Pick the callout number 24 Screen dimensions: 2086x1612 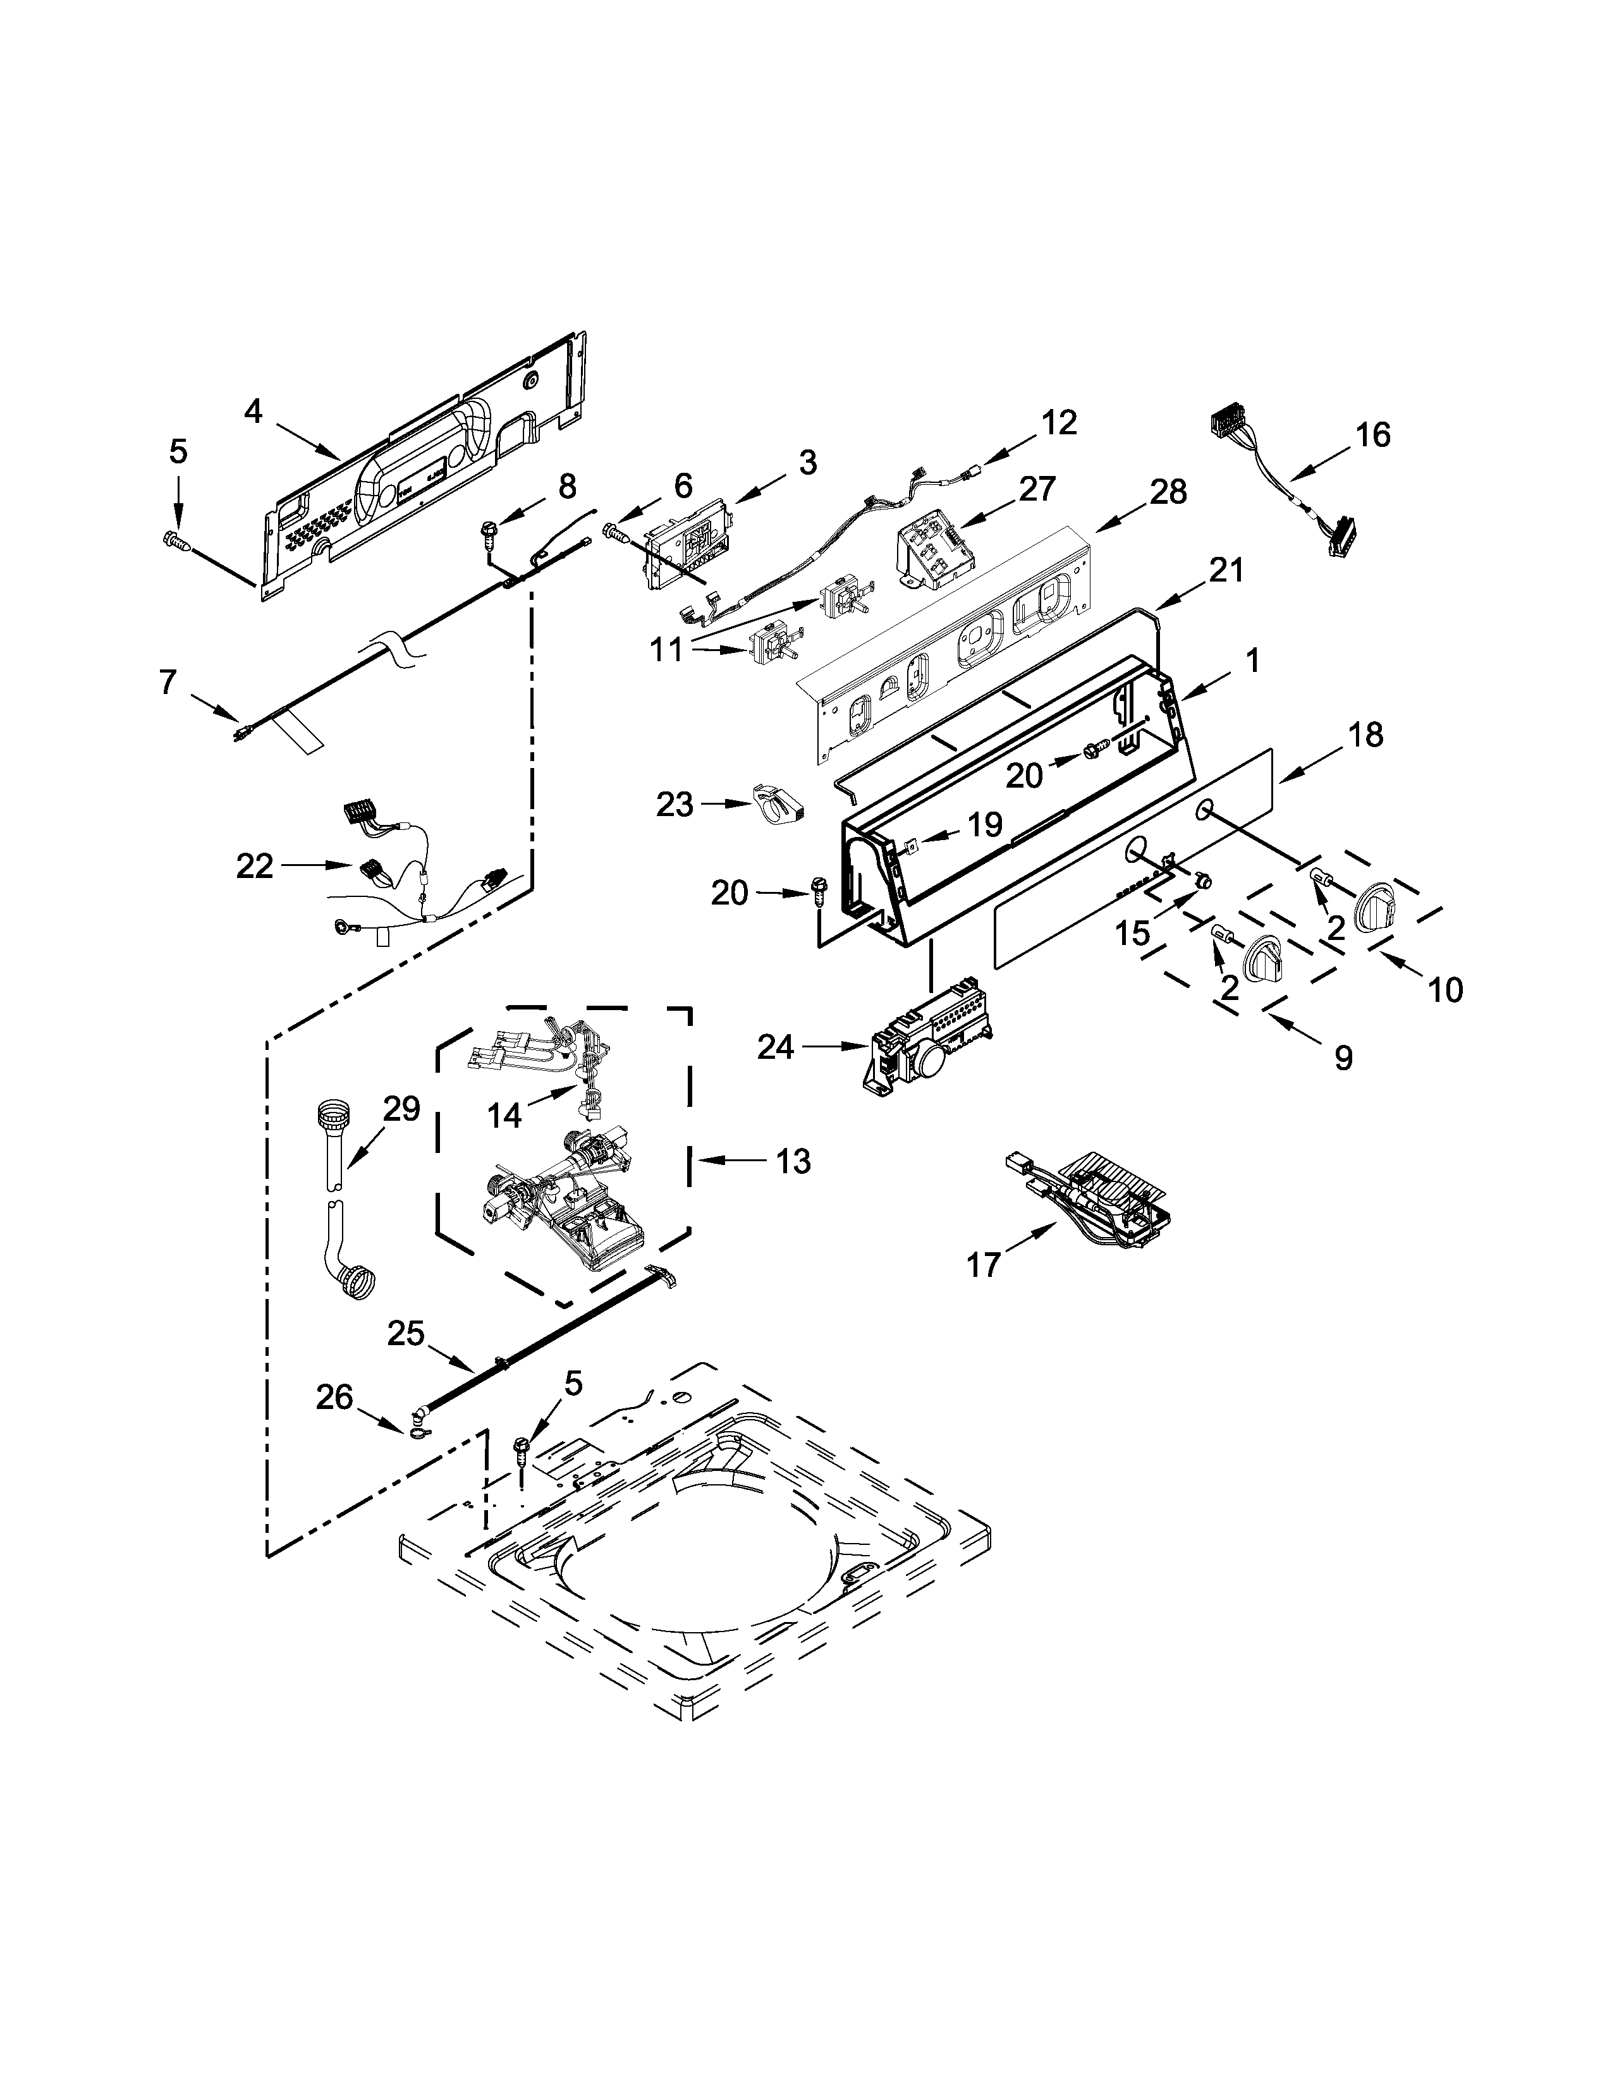click(x=776, y=1048)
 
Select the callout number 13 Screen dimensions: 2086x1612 click(x=791, y=1161)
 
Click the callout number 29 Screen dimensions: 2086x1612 click(x=401, y=1108)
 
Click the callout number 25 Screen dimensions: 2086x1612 click(x=405, y=1333)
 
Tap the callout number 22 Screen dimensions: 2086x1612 click(x=255, y=866)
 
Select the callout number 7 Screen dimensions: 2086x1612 click(x=168, y=682)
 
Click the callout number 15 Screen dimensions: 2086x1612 click(x=1133, y=932)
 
